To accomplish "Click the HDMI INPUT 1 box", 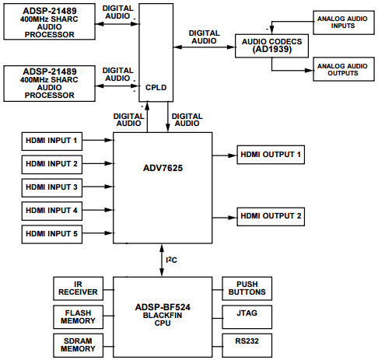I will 51,141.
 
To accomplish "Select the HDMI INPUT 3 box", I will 51,187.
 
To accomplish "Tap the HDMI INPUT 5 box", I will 51,233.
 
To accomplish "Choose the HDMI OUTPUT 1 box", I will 271,156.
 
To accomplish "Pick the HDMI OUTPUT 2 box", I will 271,215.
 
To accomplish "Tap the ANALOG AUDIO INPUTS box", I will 342,21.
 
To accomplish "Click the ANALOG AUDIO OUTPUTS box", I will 342,68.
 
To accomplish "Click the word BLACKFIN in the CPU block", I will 163,315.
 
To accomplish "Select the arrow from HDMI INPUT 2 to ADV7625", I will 95,164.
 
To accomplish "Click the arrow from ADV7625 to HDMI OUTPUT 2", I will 224,215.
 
